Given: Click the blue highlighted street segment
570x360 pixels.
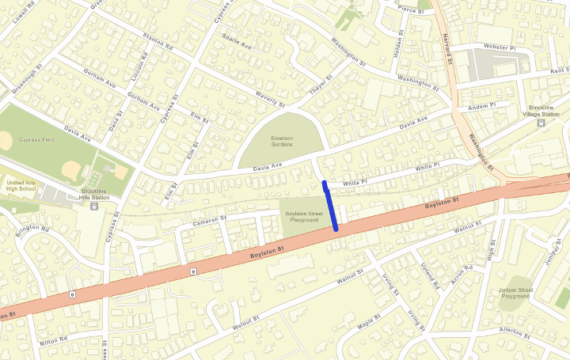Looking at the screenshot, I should (x=331, y=206).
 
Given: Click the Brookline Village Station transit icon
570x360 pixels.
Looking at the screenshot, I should (x=541, y=123).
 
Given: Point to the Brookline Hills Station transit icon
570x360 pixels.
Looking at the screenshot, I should (x=94, y=207).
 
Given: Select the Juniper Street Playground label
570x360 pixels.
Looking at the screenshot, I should (x=515, y=294).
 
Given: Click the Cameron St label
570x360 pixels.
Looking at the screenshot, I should (x=210, y=218).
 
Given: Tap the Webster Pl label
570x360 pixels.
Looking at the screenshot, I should (x=500, y=47).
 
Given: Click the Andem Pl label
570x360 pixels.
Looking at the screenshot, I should (x=481, y=106).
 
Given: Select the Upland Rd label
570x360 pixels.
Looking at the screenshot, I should (x=429, y=275).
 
